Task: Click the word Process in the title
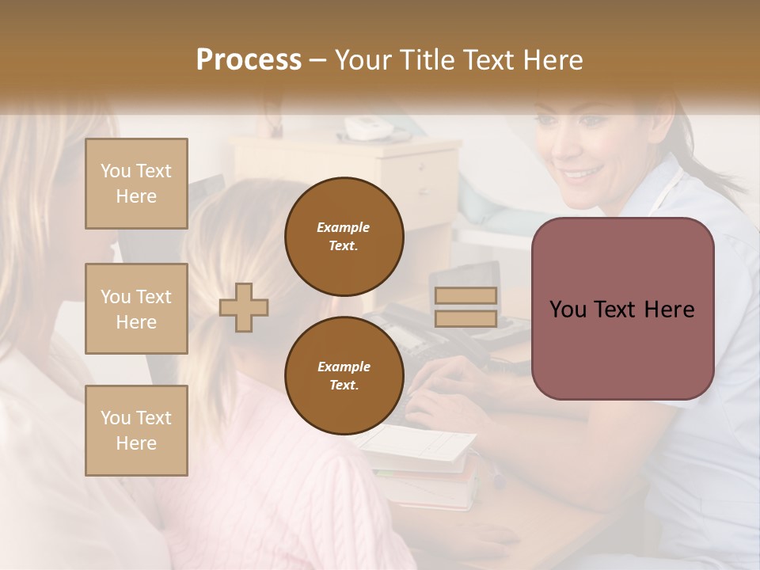[x=249, y=59]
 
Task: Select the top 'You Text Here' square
[x=136, y=184]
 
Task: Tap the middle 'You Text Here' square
[x=136, y=309]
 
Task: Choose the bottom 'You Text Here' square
[x=136, y=431]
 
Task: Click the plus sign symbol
[x=244, y=308]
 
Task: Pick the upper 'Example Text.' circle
[x=344, y=237]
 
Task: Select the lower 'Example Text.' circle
[x=344, y=376]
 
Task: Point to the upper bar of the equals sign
[x=465, y=295]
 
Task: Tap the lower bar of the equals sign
[x=465, y=318]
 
